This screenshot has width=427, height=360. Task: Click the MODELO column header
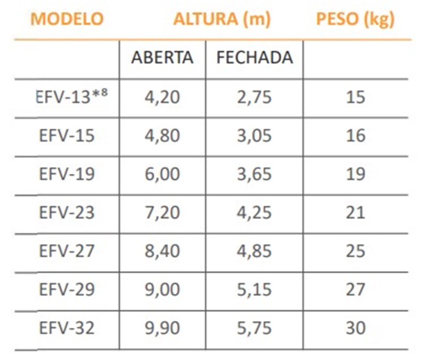[67, 19]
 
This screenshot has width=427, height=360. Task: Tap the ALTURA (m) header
[222, 19]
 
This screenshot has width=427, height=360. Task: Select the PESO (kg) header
[355, 19]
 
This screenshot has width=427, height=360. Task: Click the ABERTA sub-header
[162, 58]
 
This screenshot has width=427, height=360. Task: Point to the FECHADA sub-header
[255, 58]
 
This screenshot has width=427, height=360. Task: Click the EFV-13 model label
[70, 97]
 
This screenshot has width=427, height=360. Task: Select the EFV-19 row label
[67, 174]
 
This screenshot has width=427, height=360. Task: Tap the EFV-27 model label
[67, 251]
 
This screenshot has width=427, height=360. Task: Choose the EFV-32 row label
[67, 327]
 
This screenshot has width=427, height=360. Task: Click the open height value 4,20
[162, 97]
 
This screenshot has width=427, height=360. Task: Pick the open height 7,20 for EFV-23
[162, 212]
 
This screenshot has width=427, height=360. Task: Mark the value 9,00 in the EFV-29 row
[162, 289]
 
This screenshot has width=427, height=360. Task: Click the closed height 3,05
[254, 136]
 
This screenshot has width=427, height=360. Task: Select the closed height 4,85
[254, 251]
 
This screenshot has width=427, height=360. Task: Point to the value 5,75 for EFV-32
[254, 327]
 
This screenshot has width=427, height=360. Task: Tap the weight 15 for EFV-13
[355, 97]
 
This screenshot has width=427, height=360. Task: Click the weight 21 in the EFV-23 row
[355, 212]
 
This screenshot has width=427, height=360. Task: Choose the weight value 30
[355, 327]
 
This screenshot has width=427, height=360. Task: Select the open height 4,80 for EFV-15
[162, 136]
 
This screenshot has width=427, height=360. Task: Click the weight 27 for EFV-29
[355, 289]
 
